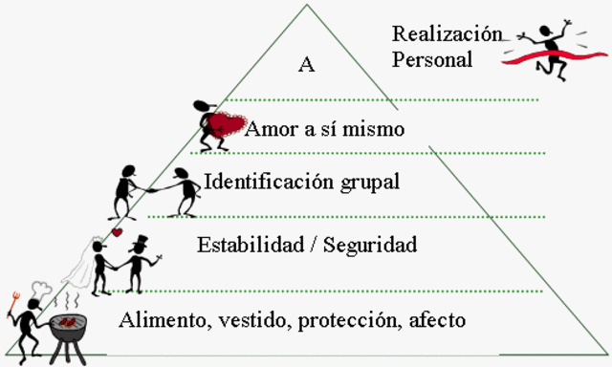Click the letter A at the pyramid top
(307, 65)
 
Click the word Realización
(447, 34)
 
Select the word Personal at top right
(432, 58)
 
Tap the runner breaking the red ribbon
(551, 45)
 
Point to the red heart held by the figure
(228, 125)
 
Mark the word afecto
(438, 320)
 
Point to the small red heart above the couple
(116, 232)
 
